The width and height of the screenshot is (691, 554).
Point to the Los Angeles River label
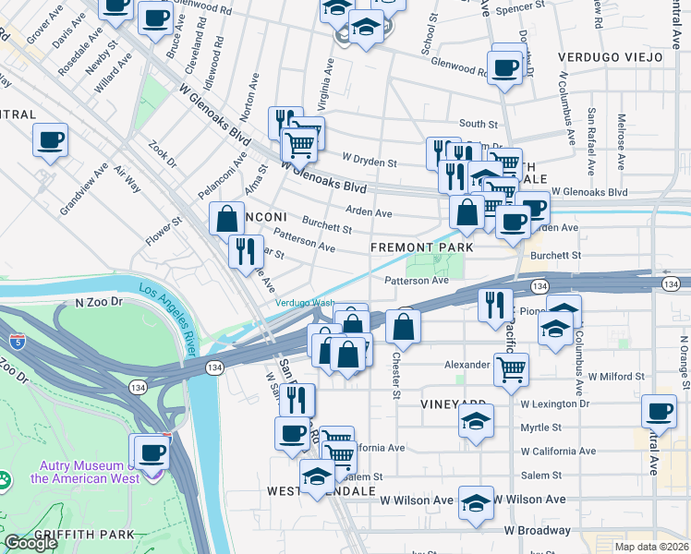click(170, 307)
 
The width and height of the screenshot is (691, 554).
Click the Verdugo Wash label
click(304, 303)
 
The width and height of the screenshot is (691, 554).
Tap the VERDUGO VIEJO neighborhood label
click(611, 57)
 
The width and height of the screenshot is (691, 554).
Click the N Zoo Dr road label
click(99, 302)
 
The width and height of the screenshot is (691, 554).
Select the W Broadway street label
click(537, 530)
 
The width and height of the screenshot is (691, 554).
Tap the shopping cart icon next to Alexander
click(511, 369)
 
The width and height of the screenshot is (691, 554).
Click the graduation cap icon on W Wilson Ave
click(476, 503)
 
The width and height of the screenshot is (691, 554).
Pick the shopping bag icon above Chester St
click(404, 326)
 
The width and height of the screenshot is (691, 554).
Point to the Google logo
click(30, 543)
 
